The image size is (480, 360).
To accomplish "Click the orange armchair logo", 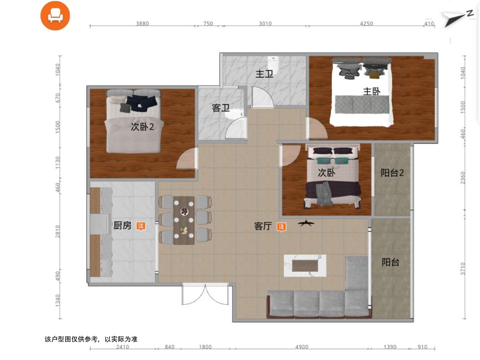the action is (55, 16).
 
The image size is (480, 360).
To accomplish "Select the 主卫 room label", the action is (264, 74).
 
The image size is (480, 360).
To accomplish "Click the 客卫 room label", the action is (221, 108).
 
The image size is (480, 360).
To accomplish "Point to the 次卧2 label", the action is (142, 127).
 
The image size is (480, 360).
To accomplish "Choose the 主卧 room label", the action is (372, 91).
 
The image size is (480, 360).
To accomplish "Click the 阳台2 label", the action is (392, 173).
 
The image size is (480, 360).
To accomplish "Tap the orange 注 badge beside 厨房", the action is (141, 226).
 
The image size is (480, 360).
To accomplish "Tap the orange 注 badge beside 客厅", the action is (281, 227).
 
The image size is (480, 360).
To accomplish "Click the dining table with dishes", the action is (184, 220).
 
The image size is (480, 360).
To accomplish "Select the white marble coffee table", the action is (305, 266).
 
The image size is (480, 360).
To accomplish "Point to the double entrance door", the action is (205, 294).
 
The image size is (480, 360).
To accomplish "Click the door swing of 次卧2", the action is (186, 159).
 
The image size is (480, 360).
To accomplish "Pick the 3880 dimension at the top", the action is (142, 23).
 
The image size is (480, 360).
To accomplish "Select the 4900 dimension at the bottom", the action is (302, 347).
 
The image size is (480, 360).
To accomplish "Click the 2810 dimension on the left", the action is (58, 232).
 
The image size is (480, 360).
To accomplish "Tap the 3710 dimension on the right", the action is (462, 269).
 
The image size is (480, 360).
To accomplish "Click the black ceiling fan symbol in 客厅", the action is (306, 223).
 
